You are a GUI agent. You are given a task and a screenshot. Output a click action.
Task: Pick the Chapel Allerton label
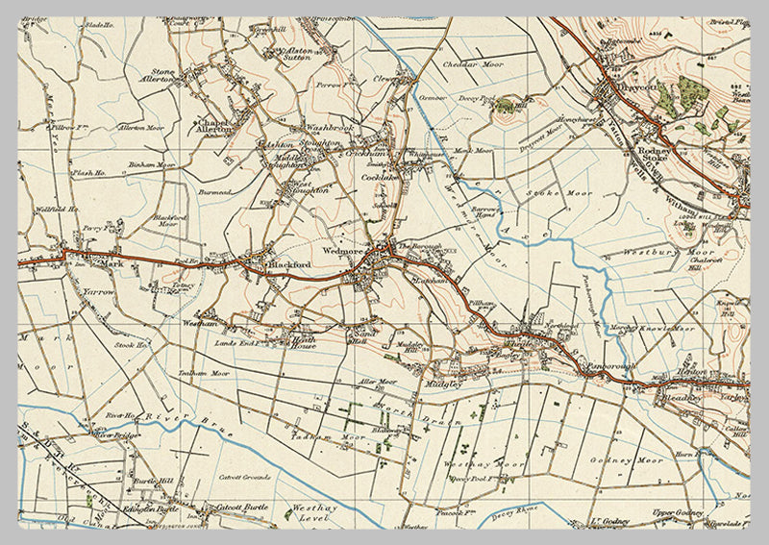pyautogui.click(x=213, y=127)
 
